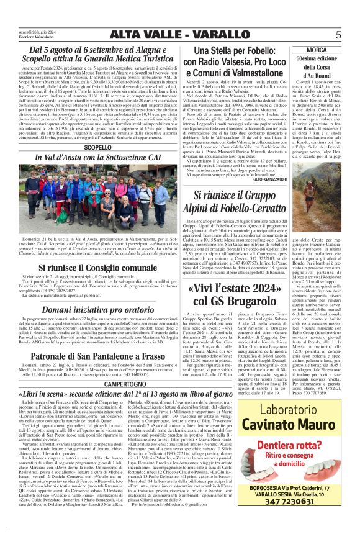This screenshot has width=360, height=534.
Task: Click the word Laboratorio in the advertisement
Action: pos(286,410)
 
